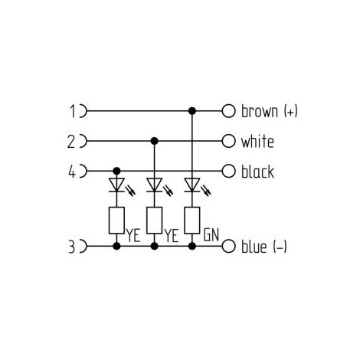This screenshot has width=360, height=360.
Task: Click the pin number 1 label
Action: coord(74,111)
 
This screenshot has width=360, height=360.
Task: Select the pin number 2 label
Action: coord(71,142)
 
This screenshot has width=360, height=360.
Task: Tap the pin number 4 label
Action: coord(72,172)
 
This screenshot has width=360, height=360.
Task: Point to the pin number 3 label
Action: coord(72,247)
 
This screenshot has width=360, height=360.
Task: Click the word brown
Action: coord(260,111)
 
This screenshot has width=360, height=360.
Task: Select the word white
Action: coord(257,141)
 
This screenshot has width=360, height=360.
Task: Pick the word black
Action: coord(257,172)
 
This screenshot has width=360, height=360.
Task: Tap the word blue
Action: coord(254,247)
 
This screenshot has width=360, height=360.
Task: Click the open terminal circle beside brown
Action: coord(228,111)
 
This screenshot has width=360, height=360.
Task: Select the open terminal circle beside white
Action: coord(228,141)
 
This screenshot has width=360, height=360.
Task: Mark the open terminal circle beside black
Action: coord(228,172)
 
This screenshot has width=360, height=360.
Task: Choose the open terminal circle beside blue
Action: coord(228,247)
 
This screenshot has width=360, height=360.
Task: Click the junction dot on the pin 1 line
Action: coord(192,111)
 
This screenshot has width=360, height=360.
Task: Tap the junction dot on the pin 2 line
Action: coord(154,141)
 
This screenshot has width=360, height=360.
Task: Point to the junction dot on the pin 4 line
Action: coord(116,171)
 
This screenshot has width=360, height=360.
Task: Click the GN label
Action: coord(211,234)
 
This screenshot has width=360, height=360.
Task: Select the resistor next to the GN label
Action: coord(192,221)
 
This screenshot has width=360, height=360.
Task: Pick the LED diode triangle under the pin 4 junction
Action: coord(116,185)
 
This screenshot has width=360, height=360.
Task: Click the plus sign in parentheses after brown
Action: coord(291,112)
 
